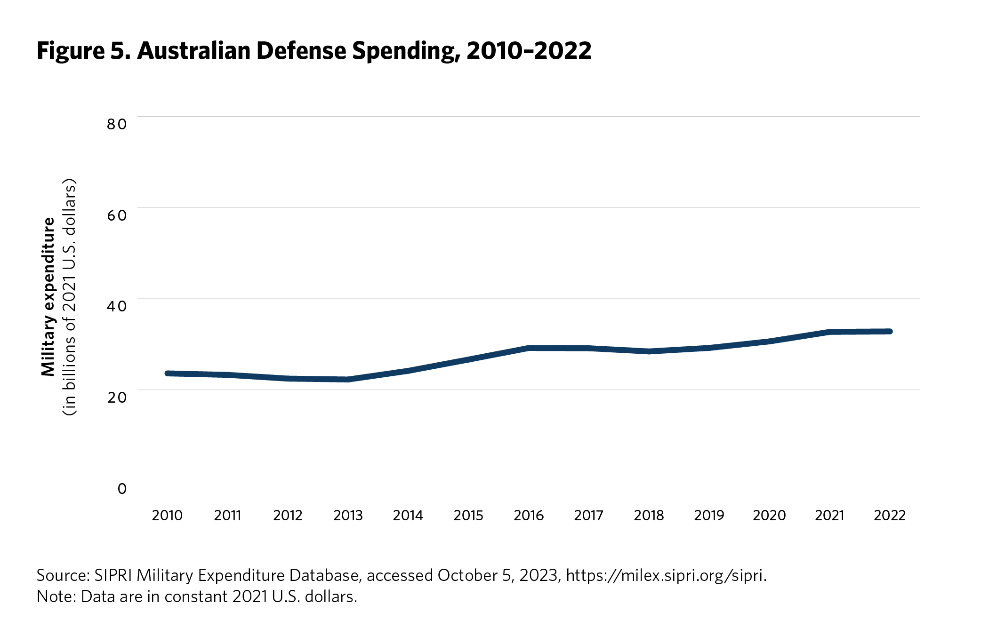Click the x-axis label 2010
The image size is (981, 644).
point(167,516)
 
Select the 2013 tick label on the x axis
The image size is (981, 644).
point(348,516)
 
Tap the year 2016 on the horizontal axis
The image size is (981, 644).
point(529,516)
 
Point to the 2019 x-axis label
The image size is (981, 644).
point(709,516)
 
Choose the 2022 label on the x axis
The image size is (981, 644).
point(890,516)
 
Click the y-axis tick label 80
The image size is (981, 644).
point(117,124)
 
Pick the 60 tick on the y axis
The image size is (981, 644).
point(117,215)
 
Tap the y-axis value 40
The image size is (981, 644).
point(117,306)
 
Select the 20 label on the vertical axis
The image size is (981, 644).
point(117,398)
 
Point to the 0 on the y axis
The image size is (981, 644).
point(122,489)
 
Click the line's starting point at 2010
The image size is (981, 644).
point(168,374)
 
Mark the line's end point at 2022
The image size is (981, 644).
point(889,332)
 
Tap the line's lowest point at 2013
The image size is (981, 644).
point(348,380)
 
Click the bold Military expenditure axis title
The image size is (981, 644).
point(48,297)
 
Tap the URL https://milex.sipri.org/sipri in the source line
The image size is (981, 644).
point(666,575)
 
